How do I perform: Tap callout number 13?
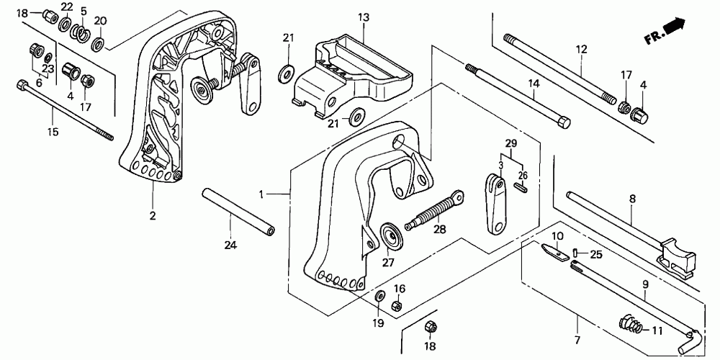pyautogui.click(x=363, y=17)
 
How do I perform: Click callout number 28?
pyautogui.click(x=439, y=230)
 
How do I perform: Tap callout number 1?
pyautogui.click(x=264, y=194)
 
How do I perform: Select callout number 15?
pyautogui.click(x=53, y=132)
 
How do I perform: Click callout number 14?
pyautogui.click(x=533, y=84)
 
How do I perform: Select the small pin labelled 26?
pyautogui.click(x=523, y=188)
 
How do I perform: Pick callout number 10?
pyautogui.click(x=559, y=235)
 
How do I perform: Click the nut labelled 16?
pyautogui.click(x=396, y=306)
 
